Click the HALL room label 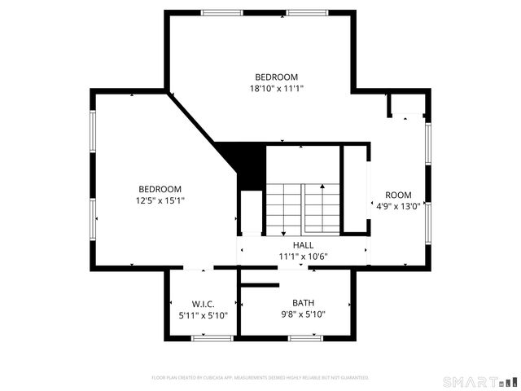tap(303, 244)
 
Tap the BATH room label tap(291, 303)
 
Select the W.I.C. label tap(203, 304)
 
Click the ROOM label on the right tap(398, 195)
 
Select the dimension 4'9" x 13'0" tap(398, 206)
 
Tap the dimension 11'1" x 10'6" tap(303, 256)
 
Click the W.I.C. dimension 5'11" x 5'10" tap(203, 315)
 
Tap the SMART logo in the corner tap(479, 381)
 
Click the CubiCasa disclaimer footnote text tap(260, 378)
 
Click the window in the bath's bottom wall tap(302, 336)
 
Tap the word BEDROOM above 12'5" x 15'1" tap(160, 189)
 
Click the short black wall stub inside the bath tap(256, 284)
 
